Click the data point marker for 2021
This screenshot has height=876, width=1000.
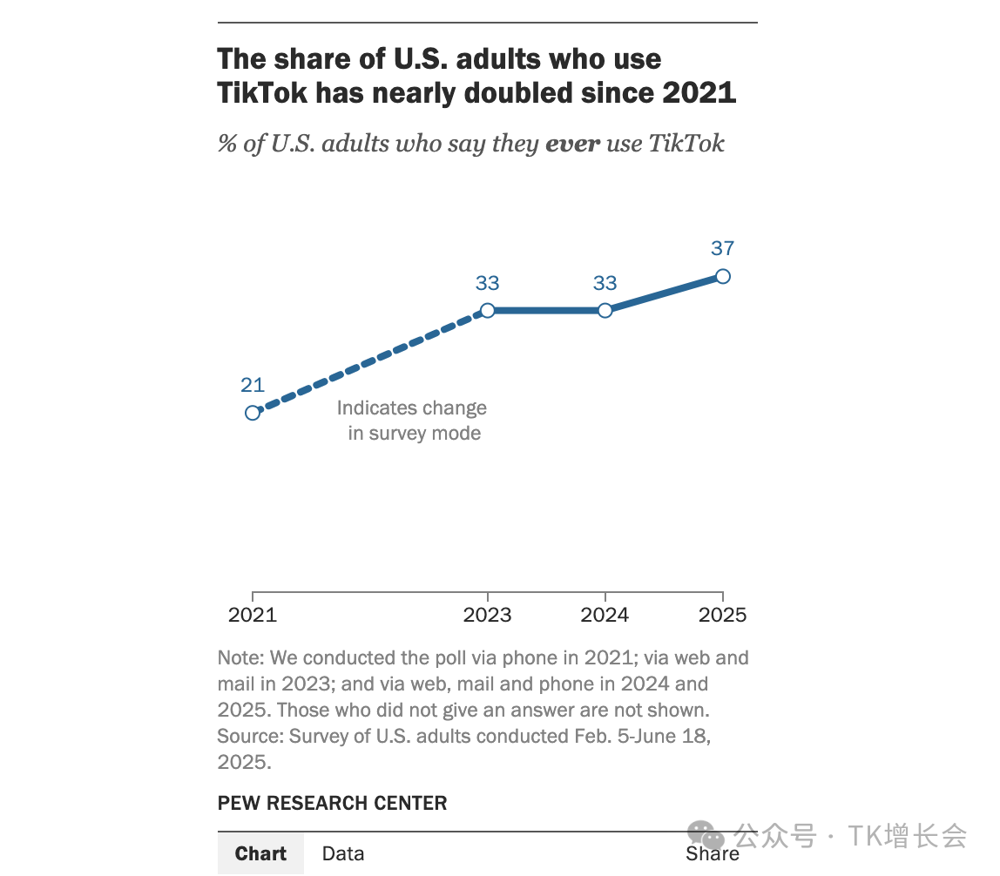click(x=253, y=413)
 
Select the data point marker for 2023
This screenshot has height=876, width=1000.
click(x=488, y=310)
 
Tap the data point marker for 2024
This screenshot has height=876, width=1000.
click(x=605, y=310)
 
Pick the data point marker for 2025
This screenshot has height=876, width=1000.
click(x=722, y=276)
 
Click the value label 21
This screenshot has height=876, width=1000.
click(x=253, y=386)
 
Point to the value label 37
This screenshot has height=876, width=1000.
click(x=722, y=248)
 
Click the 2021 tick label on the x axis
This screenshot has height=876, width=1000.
click(x=253, y=615)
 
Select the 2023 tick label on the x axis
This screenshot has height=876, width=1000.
click(x=488, y=615)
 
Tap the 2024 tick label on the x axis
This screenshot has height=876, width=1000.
click(x=605, y=615)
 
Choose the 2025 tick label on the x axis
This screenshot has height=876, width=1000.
click(x=723, y=615)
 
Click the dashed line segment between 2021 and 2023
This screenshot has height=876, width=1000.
click(x=370, y=361)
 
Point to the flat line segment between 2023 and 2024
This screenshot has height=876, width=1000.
click(x=546, y=310)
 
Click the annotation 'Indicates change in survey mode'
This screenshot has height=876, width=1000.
click(x=412, y=421)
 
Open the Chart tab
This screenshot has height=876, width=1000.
click(x=260, y=853)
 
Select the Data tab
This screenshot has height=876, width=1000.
click(x=343, y=853)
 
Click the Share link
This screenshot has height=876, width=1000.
click(x=713, y=854)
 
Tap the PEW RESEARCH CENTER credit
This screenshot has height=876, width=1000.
click(x=332, y=803)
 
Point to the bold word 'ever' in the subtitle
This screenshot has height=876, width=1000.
click(x=572, y=143)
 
